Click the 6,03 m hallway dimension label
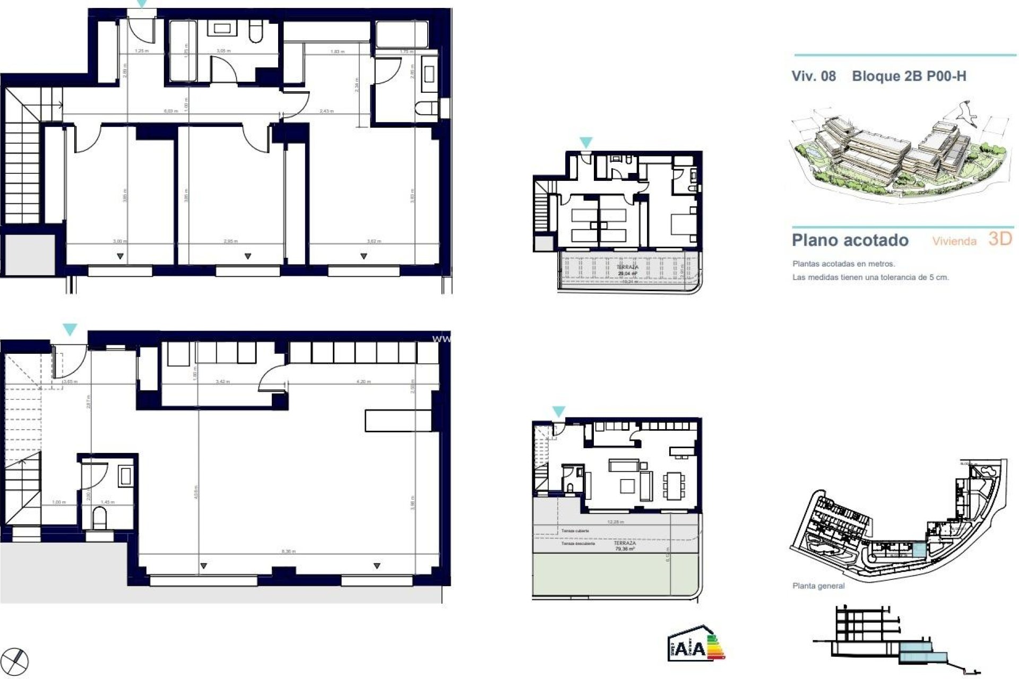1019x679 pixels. [170, 111]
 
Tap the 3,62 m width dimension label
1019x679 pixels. [374, 241]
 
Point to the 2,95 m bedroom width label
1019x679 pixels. [231, 241]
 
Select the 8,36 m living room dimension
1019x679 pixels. [289, 552]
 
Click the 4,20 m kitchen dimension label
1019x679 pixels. [364, 381]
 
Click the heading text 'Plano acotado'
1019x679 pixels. [850, 240]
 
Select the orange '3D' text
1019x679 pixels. [1000, 239]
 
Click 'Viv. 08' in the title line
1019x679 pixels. [814, 76]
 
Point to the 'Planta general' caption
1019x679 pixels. [818, 586]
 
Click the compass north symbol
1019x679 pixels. [19, 661]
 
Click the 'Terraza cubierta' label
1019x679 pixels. [575, 530]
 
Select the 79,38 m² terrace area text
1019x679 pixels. [625, 549]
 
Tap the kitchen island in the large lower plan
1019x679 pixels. [398, 420]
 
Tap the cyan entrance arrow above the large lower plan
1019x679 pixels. [70, 329]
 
